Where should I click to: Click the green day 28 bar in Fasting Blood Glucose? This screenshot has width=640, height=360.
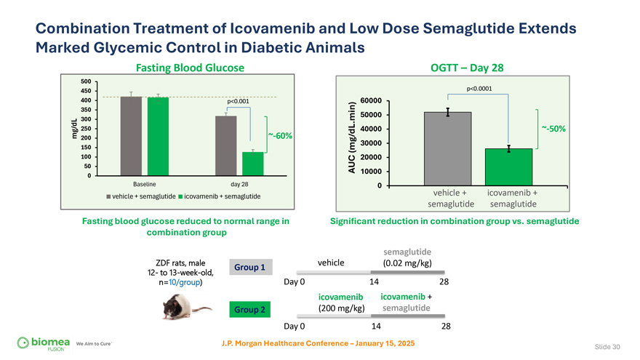pos(252,164)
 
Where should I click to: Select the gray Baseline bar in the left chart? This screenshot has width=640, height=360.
pos(131,136)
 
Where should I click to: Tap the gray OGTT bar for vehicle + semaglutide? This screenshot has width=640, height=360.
pos(448,149)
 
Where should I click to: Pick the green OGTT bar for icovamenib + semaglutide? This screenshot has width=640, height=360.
pos(509,167)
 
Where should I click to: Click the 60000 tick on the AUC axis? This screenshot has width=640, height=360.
pos(371,100)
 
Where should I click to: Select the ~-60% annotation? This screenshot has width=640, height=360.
pos(280,135)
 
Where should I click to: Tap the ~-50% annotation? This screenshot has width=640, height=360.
pos(553,129)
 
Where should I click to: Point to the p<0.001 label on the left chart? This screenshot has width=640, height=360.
pos(238,100)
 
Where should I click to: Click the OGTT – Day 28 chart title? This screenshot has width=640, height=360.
pos(467,68)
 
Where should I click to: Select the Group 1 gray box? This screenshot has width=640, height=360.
pos(249,267)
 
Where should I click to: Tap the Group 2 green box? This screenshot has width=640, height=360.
pos(249,309)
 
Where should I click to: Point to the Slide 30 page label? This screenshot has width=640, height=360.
pos(606,346)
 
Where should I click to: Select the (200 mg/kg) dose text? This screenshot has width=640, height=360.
pos(341,308)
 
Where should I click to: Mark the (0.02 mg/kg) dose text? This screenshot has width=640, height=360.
pos(407,263)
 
